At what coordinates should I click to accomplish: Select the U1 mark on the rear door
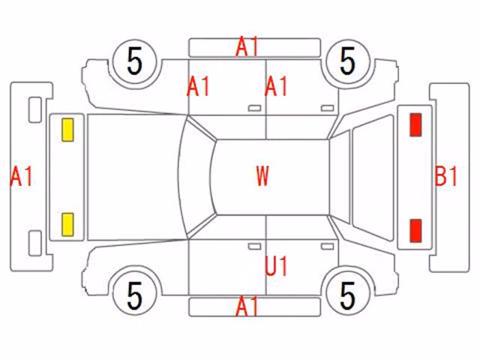point(276,266)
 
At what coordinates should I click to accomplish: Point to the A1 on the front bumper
point(21,176)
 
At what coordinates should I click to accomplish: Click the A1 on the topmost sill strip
point(247,46)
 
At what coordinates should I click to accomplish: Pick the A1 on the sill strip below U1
point(247,306)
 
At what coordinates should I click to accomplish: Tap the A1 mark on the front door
point(198,86)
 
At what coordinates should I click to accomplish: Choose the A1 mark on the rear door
point(276,86)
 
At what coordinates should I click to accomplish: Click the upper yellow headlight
point(67,130)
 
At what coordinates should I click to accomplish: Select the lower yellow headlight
point(67,225)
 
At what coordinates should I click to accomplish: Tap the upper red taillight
point(415,124)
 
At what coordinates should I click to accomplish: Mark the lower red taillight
point(415,230)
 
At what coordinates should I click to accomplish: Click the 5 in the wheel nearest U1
point(348,295)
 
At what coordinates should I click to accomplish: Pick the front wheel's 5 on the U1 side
point(135,295)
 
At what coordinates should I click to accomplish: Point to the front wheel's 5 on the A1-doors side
point(135,61)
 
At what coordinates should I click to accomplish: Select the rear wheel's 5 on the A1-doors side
point(348,61)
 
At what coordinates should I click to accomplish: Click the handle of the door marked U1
point(327,246)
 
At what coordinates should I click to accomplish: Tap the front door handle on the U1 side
point(254,246)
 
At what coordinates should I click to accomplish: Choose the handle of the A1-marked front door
point(254,108)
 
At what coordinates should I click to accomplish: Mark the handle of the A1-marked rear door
point(327,108)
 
